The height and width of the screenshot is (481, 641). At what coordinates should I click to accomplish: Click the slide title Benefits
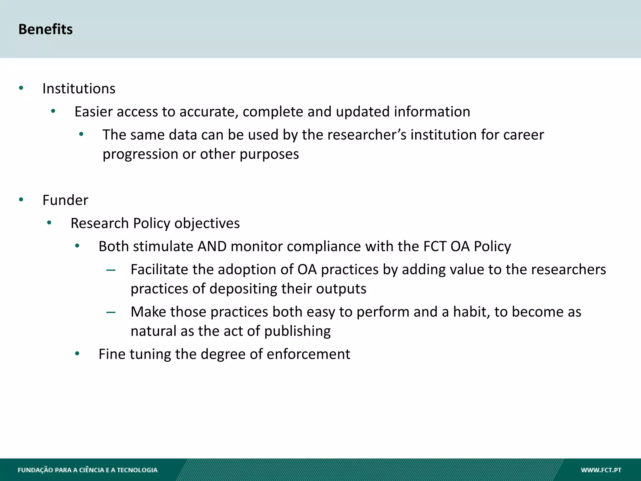[x=45, y=29]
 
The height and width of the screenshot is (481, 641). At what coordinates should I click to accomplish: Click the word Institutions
[x=79, y=89]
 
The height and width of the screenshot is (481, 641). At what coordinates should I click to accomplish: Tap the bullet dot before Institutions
[x=21, y=88]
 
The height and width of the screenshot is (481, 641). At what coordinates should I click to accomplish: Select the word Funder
[x=65, y=200]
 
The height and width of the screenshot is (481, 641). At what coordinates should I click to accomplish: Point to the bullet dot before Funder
[x=21, y=199]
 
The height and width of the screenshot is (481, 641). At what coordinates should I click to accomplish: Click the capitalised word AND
[x=212, y=246]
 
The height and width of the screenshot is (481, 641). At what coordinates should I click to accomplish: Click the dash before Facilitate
[x=111, y=270]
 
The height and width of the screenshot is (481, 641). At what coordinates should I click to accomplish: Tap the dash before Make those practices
[x=111, y=312]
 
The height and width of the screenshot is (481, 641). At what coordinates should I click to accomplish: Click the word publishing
[x=297, y=331]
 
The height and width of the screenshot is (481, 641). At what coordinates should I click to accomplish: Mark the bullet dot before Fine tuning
[x=77, y=354]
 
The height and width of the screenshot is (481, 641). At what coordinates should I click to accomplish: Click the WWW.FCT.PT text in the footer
[x=601, y=470]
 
